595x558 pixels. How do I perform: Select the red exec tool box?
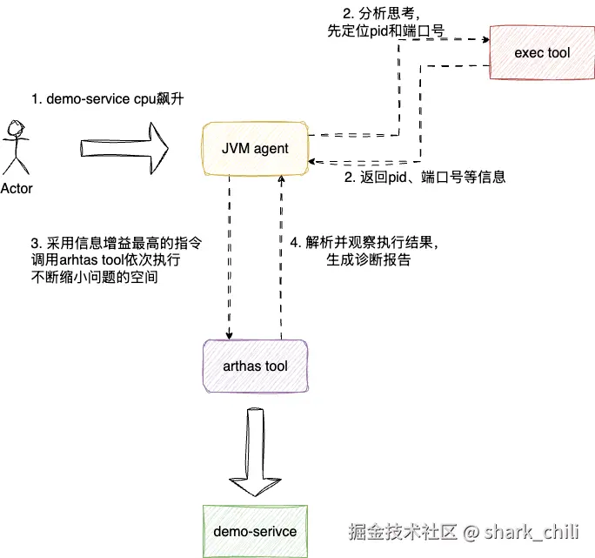coord(541,54)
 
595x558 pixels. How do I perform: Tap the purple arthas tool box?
coord(256,366)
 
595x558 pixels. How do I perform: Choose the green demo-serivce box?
coord(255,531)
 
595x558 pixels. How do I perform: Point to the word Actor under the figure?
coord(17,188)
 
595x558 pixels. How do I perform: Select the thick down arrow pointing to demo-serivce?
coord(255,449)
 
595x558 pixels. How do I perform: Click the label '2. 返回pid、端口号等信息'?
coord(425,177)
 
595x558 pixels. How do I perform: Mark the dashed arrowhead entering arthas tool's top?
coord(230,337)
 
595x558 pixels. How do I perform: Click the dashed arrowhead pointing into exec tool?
coord(484,39)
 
